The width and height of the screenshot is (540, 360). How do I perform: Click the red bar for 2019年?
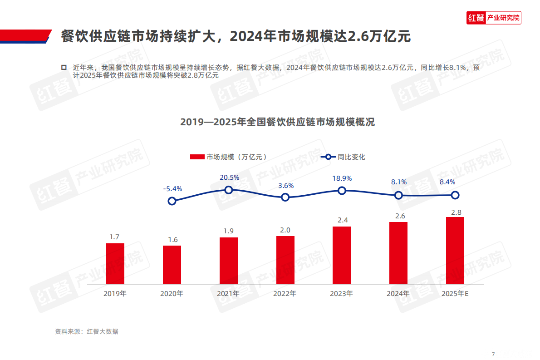(115, 264)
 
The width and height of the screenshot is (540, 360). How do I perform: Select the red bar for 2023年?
(342, 255)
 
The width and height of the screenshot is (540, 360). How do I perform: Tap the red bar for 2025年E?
(455, 251)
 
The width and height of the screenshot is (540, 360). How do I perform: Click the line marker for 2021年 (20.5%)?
(229, 190)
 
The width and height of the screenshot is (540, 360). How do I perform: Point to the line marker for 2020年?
(172, 201)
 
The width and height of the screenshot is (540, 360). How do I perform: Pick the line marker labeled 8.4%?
(455, 195)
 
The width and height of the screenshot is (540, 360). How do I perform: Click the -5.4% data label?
(172, 188)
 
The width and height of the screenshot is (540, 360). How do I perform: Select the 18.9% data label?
(342, 178)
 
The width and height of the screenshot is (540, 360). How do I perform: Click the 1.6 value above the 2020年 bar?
(172, 240)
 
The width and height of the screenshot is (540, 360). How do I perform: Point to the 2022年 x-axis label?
(285, 294)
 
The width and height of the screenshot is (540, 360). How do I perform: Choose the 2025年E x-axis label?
(455, 294)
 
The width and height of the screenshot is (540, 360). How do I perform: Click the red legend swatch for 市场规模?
(196, 157)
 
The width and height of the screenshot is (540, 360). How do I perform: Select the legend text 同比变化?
(352, 157)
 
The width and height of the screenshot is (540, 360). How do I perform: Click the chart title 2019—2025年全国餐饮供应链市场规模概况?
(277, 122)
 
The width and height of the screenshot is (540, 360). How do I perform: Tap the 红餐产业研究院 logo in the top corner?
(494, 18)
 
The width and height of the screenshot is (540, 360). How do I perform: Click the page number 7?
(493, 354)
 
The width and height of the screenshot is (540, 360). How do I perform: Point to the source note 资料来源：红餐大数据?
(86, 331)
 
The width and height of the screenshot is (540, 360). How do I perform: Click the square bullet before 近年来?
(64, 67)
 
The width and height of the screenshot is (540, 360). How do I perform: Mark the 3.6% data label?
(286, 185)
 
